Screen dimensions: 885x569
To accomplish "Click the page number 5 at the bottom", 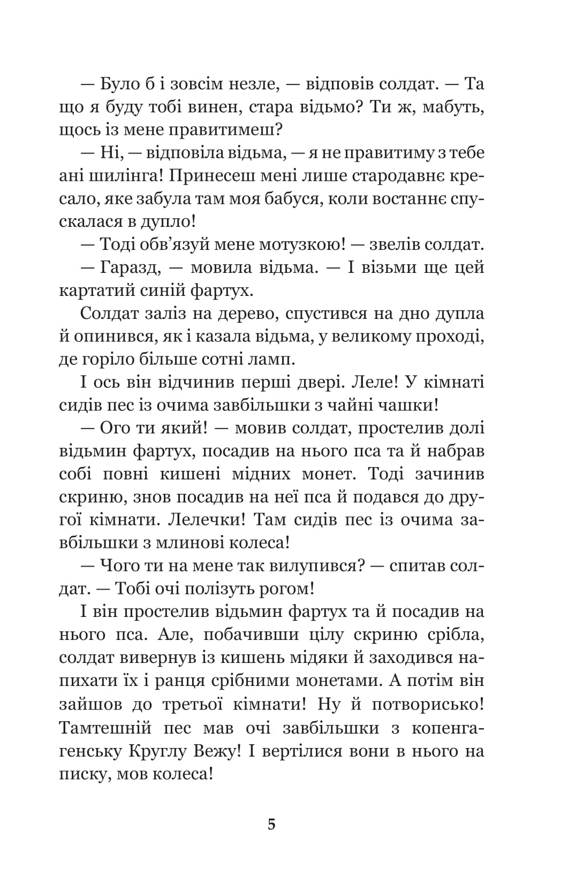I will tap(271, 824).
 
